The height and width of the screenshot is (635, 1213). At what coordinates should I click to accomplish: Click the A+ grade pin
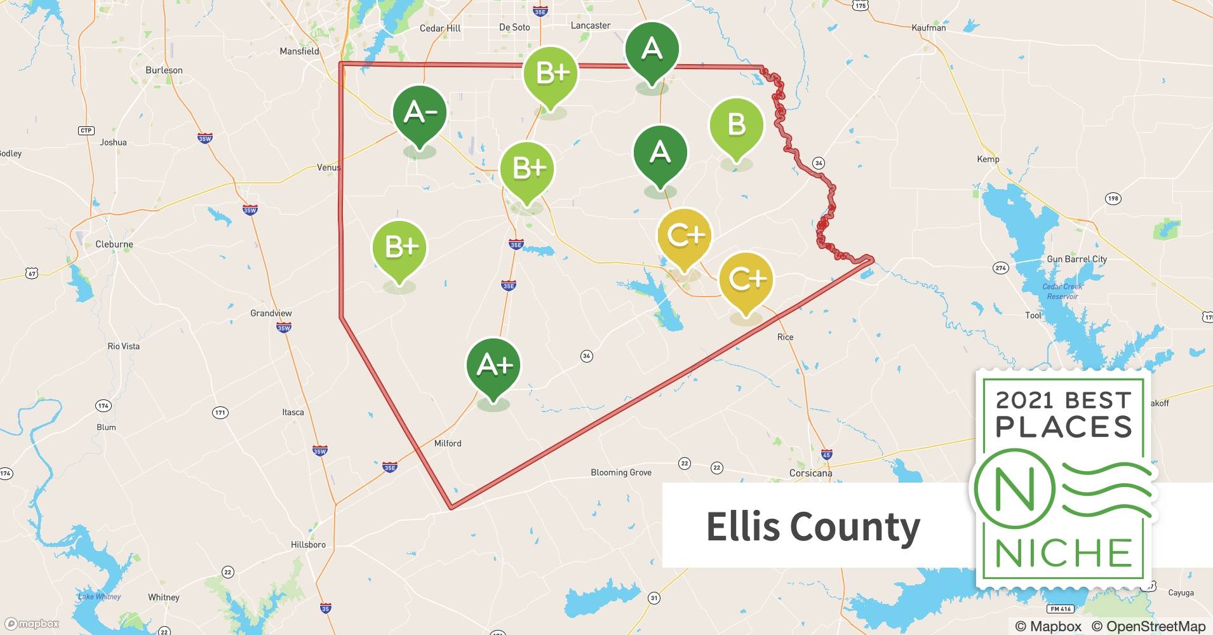[x=493, y=366]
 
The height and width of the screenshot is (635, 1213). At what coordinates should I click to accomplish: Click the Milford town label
[x=447, y=443]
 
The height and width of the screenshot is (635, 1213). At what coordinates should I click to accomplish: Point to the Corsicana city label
[x=810, y=473]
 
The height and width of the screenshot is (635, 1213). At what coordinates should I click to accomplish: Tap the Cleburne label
[x=114, y=244]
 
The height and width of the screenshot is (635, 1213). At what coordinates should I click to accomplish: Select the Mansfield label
[x=299, y=51]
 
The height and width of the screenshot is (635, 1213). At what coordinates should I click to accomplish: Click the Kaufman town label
[x=928, y=28]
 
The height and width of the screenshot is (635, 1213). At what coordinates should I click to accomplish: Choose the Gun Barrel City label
[x=1076, y=259]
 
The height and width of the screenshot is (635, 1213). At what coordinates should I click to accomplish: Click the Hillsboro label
[x=308, y=545]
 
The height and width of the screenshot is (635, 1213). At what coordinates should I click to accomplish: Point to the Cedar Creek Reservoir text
[x=1062, y=291]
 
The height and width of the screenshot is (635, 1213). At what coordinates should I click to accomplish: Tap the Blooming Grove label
[x=620, y=472]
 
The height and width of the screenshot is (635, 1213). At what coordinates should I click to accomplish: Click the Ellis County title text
[x=813, y=527]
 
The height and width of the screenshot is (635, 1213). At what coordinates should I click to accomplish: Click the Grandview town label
[x=271, y=313]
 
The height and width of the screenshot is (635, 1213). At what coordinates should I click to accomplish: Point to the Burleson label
[x=164, y=70]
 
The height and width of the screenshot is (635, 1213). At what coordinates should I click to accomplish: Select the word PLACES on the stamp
[x=1064, y=427]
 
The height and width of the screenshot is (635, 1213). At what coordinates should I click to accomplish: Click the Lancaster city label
[x=591, y=25]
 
